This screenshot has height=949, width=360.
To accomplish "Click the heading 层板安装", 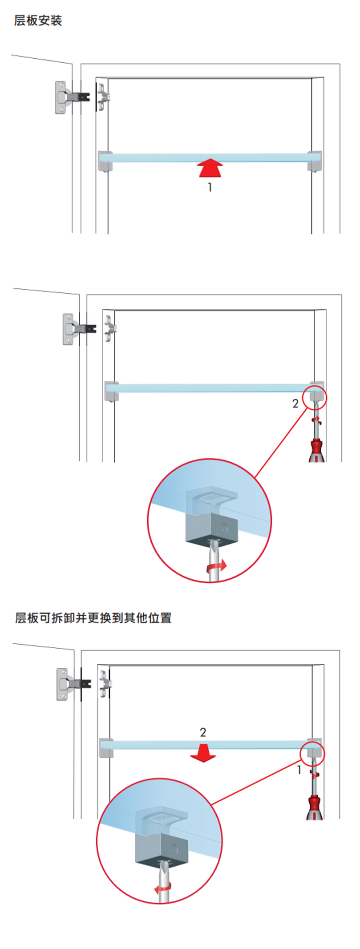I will (x=38, y=20).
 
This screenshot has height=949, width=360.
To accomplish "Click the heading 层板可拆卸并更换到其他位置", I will (x=93, y=618).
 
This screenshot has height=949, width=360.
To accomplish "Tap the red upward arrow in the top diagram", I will (x=210, y=168).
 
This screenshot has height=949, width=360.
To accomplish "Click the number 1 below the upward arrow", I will (x=210, y=188).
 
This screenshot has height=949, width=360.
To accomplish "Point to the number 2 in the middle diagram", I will (x=295, y=404).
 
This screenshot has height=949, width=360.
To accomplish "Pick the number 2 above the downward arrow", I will (x=203, y=732).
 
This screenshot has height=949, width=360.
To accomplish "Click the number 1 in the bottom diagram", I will (x=299, y=770).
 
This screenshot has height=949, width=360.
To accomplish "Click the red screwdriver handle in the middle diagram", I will (x=316, y=450).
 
